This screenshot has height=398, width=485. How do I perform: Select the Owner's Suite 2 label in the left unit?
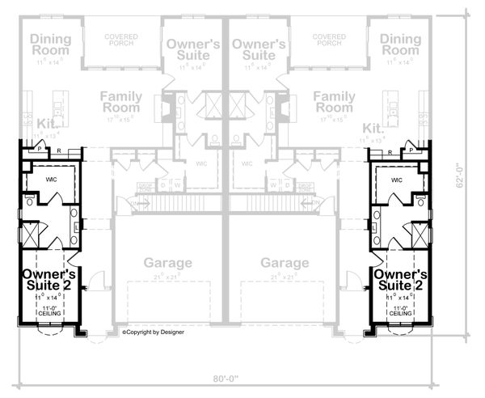(48, 280)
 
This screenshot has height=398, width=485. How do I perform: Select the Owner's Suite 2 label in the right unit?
(399, 280)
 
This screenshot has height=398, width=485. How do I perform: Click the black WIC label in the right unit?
(397, 180)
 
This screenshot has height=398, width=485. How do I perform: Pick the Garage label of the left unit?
(168, 263)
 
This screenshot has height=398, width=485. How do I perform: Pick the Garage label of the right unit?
(285, 263)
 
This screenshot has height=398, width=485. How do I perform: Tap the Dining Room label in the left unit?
(51, 45)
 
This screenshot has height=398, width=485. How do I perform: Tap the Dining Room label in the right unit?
(401, 45)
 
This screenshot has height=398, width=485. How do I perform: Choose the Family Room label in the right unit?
(334, 103)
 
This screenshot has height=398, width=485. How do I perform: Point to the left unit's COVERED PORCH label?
(120, 40)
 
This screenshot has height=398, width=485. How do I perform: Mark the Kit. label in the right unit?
(373, 128)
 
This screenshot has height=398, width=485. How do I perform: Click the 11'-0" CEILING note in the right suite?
(398, 311)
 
